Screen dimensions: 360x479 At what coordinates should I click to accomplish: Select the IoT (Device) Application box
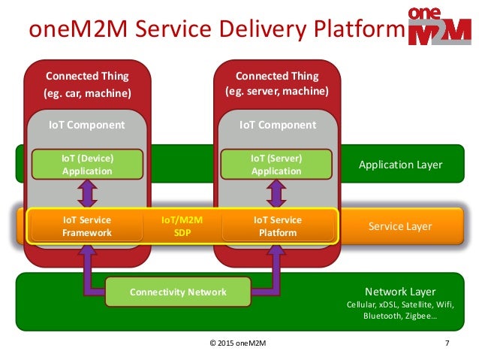click(x=87, y=164)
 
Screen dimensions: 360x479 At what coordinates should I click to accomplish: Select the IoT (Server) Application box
click(x=276, y=164)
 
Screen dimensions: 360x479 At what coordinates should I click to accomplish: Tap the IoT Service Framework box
click(x=87, y=226)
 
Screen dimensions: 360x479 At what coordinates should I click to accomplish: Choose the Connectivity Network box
click(x=177, y=292)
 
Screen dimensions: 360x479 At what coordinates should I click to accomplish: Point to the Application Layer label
click(x=400, y=165)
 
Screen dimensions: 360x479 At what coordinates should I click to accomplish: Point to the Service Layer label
click(x=400, y=226)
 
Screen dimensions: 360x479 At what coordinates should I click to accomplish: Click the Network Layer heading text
click(x=400, y=292)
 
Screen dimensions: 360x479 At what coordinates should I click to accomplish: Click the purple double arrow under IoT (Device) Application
click(x=87, y=195)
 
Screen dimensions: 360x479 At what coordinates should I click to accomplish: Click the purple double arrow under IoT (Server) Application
click(x=276, y=195)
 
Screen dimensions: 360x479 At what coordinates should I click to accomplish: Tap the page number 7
click(x=447, y=343)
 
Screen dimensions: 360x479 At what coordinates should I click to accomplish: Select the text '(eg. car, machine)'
click(x=87, y=92)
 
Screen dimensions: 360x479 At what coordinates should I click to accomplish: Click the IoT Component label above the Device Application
click(x=87, y=124)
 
